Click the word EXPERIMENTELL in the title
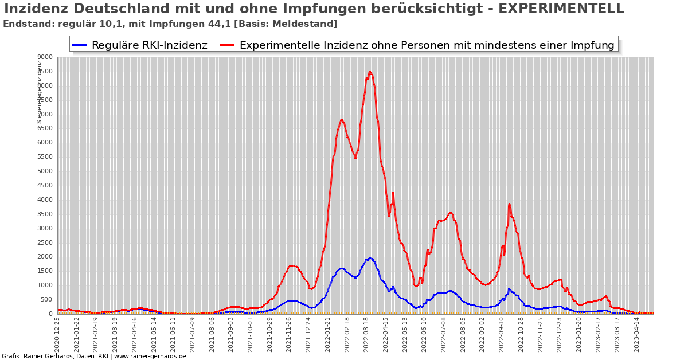[561, 9]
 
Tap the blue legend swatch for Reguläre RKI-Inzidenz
[79, 45]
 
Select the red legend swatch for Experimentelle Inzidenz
[227, 45]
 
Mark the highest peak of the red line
[370, 72]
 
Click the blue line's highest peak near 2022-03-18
[370, 258]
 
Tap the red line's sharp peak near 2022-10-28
[509, 204]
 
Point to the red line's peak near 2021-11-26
[292, 265]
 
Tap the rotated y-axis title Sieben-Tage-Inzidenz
[40, 92]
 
